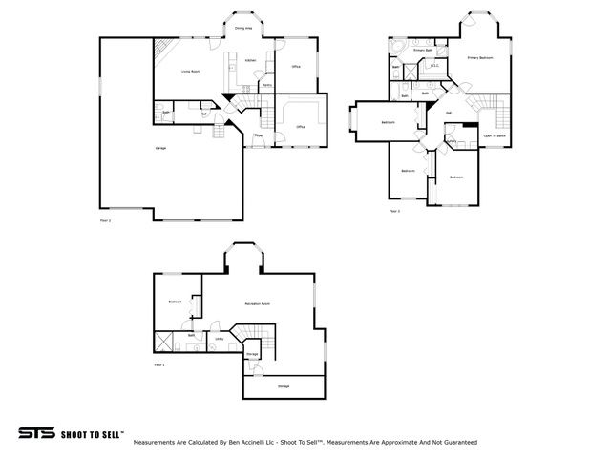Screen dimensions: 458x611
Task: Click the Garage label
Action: tap(160, 148)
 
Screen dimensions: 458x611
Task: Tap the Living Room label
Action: tap(191, 72)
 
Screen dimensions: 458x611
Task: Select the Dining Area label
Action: tap(243, 29)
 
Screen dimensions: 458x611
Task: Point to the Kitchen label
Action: tap(250, 61)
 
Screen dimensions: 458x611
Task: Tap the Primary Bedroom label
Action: tap(479, 57)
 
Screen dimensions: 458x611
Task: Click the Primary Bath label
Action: tap(423, 50)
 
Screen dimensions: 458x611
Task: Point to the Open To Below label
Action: tap(495, 136)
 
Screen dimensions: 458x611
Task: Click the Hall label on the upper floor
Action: tap(449, 114)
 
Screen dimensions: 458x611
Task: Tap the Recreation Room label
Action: tap(256, 303)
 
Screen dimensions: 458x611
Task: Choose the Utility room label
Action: tap(219, 338)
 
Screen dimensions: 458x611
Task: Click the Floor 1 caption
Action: tap(159, 365)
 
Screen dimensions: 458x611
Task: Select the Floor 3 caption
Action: tap(393, 211)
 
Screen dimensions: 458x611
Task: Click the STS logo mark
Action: tap(35, 433)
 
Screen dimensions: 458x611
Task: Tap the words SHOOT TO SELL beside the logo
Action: tap(92, 433)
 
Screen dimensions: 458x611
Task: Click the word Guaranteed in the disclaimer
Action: tap(458, 443)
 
